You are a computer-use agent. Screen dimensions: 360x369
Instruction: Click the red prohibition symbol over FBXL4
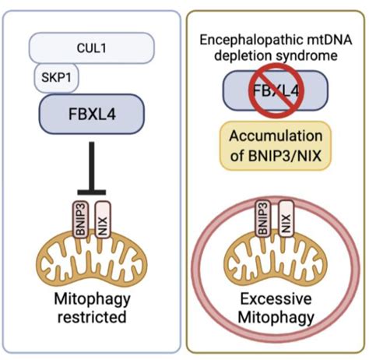point(276,92)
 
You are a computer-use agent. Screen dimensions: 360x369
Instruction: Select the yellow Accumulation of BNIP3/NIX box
point(276,145)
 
